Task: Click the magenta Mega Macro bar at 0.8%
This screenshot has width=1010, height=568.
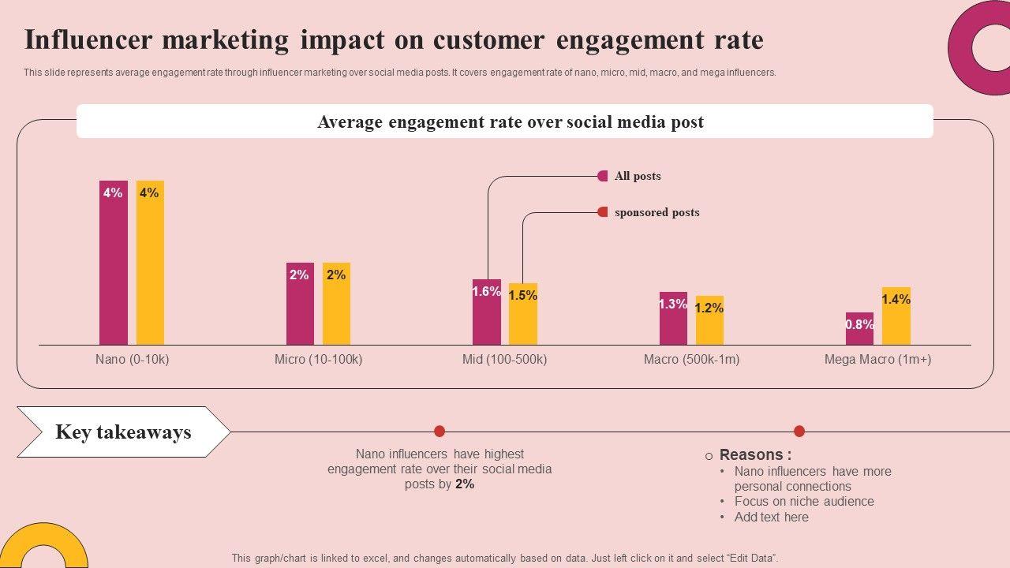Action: coord(859,329)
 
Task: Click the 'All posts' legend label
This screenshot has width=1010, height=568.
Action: coord(638,176)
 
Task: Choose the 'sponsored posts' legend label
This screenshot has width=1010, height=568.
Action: coord(656,212)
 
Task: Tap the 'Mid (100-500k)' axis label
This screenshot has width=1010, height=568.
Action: coord(504,360)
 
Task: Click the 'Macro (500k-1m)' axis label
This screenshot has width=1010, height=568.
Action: coord(691,360)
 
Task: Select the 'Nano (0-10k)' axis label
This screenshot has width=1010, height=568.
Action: coord(133,360)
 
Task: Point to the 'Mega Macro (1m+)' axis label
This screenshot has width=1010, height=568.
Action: coord(877,360)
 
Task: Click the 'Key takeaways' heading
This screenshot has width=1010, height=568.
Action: coord(123,432)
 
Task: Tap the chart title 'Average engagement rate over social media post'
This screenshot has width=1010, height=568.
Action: coord(511,122)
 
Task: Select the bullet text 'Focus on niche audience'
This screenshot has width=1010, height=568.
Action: coord(804,502)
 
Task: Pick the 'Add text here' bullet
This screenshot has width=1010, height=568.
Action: coord(771,518)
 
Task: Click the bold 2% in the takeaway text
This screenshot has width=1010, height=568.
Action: coord(465,484)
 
